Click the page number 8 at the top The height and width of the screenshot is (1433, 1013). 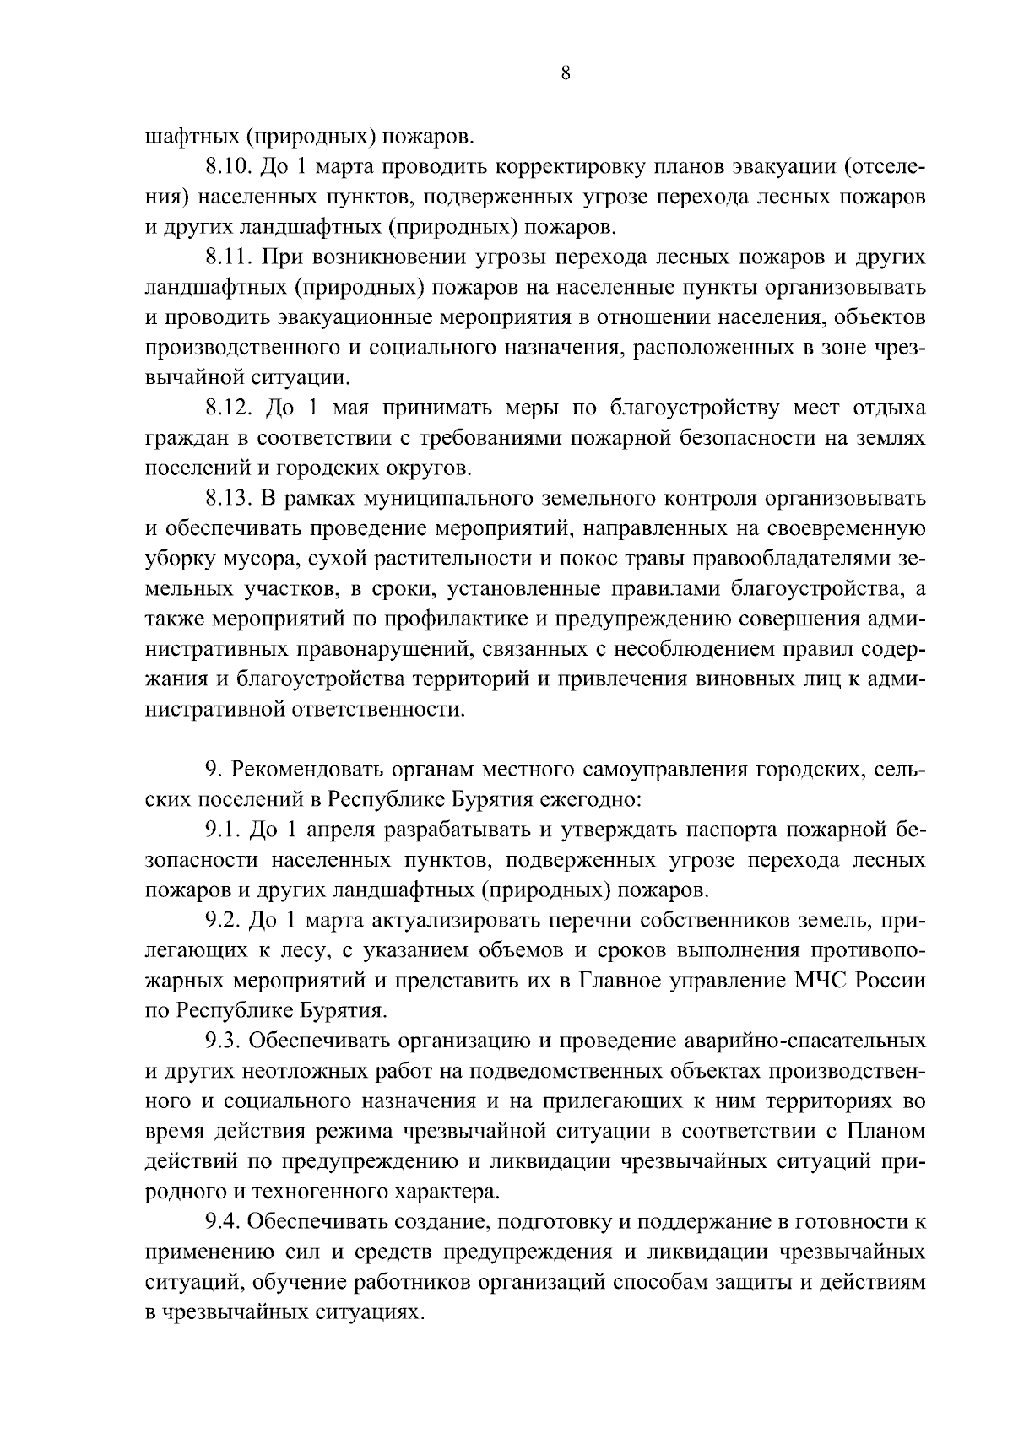point(565,73)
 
